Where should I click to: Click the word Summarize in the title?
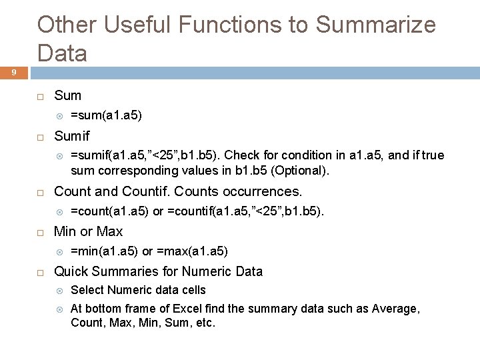(375, 25)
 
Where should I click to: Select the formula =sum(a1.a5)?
(106, 115)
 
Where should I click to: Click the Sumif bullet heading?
(71, 136)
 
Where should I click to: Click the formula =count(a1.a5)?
(110, 211)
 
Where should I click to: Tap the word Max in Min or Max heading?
(111, 231)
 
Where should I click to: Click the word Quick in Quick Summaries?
(71, 271)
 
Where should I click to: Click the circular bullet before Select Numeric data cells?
(58, 291)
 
